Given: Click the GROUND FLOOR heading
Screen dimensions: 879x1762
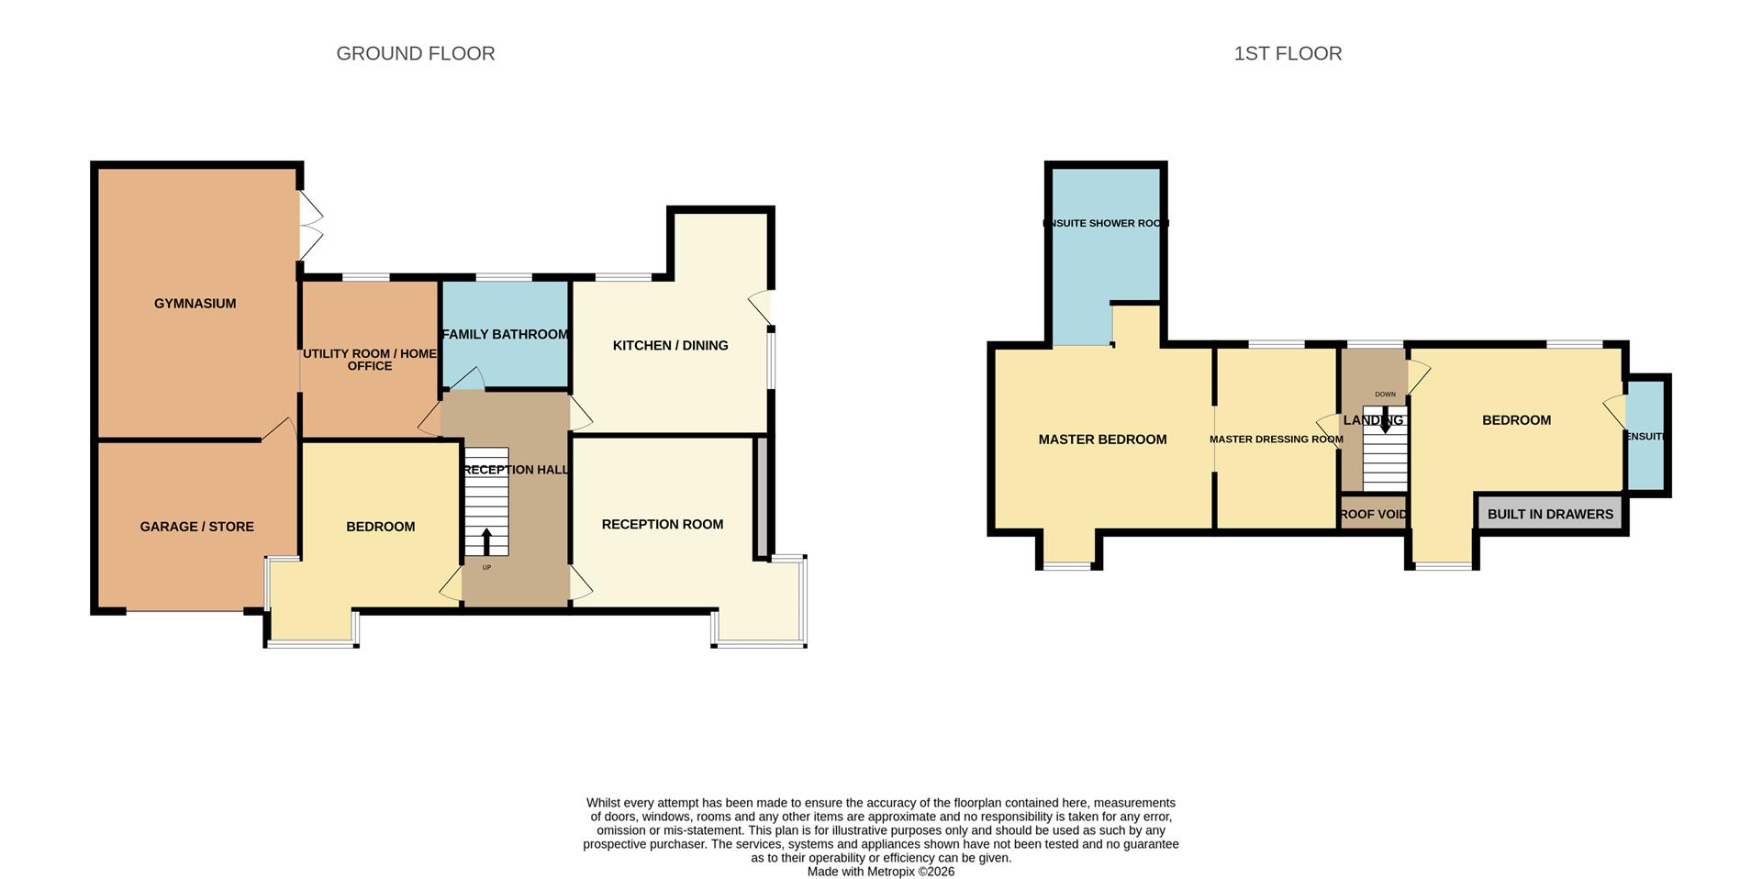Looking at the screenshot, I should pyautogui.click(x=415, y=54).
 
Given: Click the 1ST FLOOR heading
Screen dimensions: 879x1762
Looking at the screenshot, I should pyautogui.click(x=1287, y=54).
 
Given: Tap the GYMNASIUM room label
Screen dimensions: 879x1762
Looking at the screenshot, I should pyautogui.click(x=195, y=304).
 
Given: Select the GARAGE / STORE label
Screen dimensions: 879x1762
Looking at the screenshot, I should pyautogui.click(x=196, y=527).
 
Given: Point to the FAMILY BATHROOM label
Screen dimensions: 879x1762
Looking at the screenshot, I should pyautogui.click(x=505, y=335).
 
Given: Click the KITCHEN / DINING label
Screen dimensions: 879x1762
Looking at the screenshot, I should pyautogui.click(x=670, y=346).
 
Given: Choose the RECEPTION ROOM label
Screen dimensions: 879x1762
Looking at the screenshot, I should pyautogui.click(x=662, y=525).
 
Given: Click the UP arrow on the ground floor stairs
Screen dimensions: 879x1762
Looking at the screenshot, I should pyautogui.click(x=486, y=541).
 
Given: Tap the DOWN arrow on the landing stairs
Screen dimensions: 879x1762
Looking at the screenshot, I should pyautogui.click(x=1385, y=422).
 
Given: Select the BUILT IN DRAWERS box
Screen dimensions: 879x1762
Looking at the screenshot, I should pyautogui.click(x=1549, y=515).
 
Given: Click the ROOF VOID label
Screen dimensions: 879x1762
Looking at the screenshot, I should pyautogui.click(x=1373, y=515).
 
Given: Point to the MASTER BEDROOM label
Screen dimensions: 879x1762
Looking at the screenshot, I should pyautogui.click(x=1102, y=439).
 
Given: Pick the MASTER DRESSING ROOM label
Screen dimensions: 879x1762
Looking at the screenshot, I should pyautogui.click(x=1276, y=439).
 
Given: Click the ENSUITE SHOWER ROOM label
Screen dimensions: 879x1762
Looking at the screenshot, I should pyautogui.click(x=1105, y=223).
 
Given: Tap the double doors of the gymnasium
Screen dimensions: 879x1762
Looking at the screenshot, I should pyautogui.click(x=311, y=226).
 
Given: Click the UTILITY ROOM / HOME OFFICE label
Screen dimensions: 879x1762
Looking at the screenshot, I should pyautogui.click(x=369, y=360).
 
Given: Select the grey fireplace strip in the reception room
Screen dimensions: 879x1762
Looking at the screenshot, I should pyautogui.click(x=761, y=496).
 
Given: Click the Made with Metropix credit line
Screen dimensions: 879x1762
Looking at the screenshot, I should pyautogui.click(x=880, y=872).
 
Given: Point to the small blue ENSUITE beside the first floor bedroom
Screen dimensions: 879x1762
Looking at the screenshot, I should pyautogui.click(x=1645, y=436).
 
